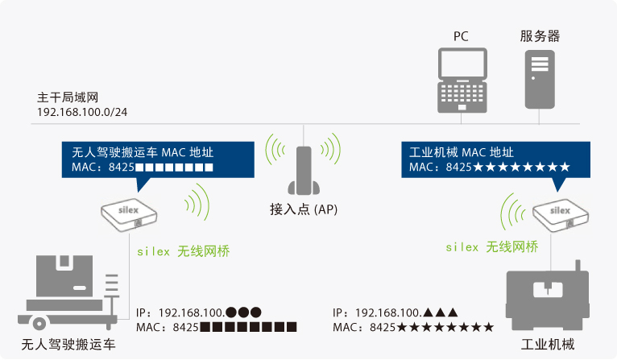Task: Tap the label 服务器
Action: coord(539,36)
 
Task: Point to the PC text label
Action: coord(462,36)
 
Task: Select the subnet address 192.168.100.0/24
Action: coord(82,112)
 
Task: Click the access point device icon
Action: coord(303,170)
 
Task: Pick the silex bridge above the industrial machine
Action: coord(561,213)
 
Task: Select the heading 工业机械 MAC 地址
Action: coord(461,152)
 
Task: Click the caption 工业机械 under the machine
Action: coord(548,345)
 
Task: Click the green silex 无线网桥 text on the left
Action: coord(183,251)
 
